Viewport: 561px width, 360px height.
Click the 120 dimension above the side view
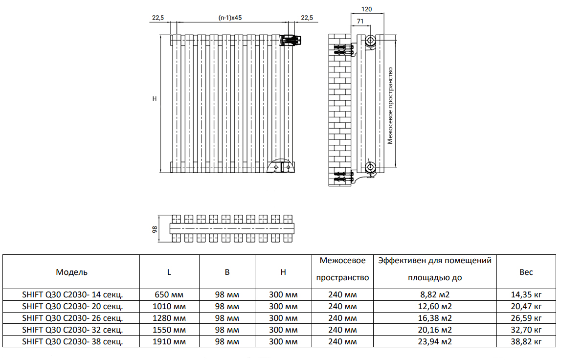(366, 9)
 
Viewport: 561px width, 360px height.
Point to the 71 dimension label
(360, 21)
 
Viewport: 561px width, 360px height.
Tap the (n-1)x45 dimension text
(230, 18)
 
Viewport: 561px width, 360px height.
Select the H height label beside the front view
(155, 99)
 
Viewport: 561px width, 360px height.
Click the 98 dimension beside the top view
(155, 229)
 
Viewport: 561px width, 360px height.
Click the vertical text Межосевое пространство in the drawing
(390, 106)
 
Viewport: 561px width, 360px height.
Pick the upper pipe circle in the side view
(370, 40)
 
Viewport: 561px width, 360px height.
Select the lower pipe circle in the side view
(370, 167)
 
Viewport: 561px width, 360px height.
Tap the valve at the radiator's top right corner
(292, 41)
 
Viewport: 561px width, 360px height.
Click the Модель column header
(71, 272)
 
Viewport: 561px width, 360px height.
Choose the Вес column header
(526, 272)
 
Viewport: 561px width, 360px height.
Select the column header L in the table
(169, 272)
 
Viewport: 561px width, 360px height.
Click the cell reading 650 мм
(169, 295)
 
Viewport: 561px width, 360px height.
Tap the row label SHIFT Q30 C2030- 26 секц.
(72, 318)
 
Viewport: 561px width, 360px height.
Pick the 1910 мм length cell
(169, 342)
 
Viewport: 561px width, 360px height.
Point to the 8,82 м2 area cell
(435, 295)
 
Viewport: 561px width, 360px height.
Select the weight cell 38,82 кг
(526, 342)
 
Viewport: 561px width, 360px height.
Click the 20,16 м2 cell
(435, 330)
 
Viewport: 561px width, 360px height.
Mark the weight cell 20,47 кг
(526, 306)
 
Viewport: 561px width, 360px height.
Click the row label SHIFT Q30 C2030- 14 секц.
(72, 295)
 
